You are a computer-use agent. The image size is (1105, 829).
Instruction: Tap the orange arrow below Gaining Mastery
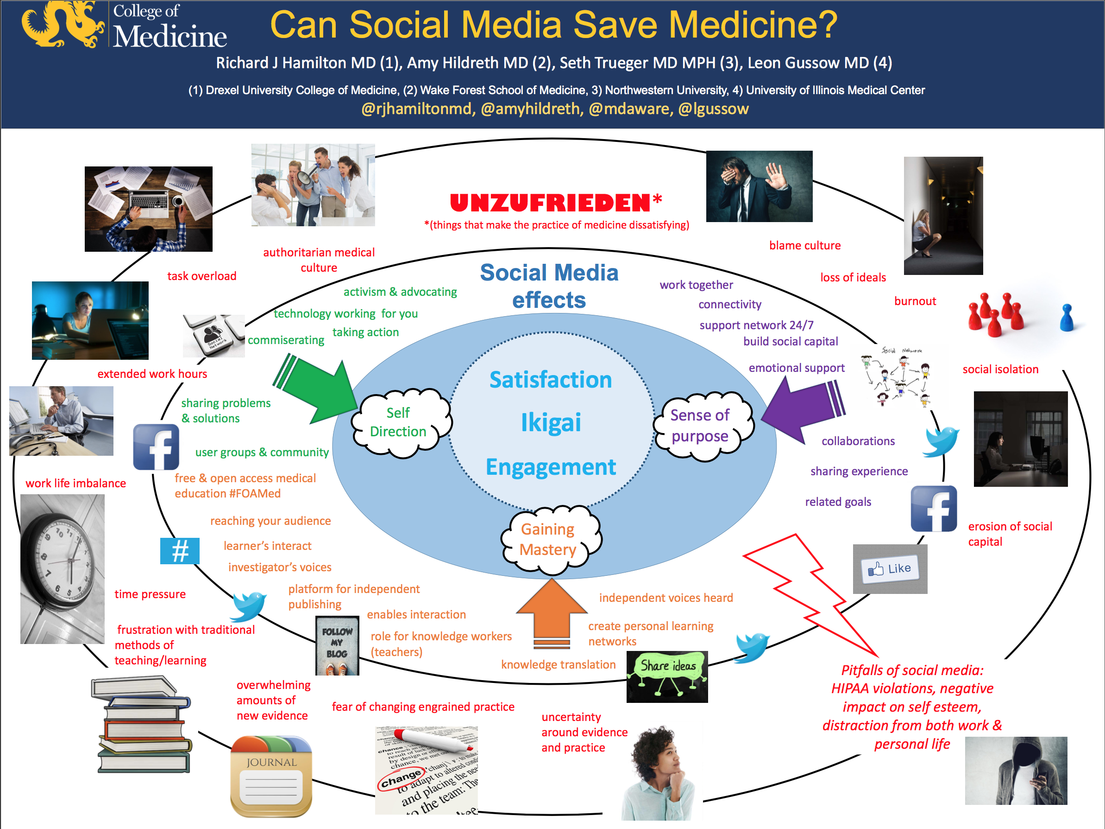click(x=552, y=612)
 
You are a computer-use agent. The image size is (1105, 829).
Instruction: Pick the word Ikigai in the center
click(x=551, y=422)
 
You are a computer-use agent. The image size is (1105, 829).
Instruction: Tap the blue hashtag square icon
click(x=180, y=551)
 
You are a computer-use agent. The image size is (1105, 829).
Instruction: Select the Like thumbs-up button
click(x=890, y=569)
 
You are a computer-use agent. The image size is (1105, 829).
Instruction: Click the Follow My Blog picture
click(x=337, y=645)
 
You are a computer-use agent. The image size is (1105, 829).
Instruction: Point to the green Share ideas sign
click(x=667, y=675)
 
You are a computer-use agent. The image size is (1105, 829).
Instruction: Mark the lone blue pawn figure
click(x=1067, y=318)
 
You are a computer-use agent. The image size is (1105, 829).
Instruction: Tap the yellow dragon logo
click(x=63, y=24)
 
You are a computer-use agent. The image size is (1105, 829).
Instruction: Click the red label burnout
click(x=915, y=301)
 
